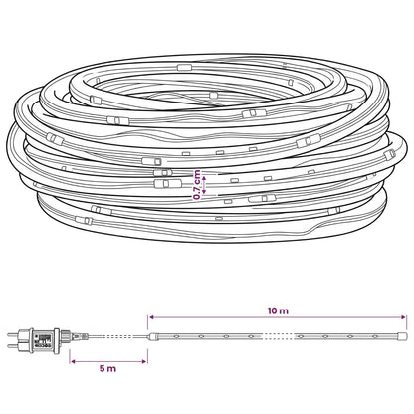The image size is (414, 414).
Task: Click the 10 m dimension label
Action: click(278, 310)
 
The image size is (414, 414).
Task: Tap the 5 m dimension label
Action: click(107, 368)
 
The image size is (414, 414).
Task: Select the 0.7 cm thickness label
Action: click(197, 185)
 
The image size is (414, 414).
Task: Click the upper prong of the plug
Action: click(14, 334)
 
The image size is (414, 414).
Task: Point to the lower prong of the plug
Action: click(14, 346)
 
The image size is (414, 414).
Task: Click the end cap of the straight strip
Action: click(402, 336)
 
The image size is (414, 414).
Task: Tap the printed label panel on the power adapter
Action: click(43, 340)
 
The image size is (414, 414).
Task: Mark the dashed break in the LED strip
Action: click(279, 336)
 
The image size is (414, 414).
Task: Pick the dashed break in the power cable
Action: click(116, 336)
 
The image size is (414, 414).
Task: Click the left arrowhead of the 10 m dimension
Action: click(151, 317)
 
